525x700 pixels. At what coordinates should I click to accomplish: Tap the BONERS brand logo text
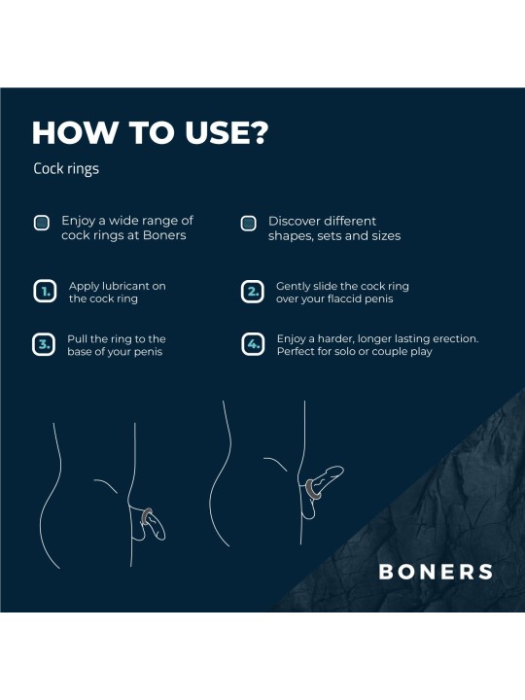pyautogui.click(x=435, y=572)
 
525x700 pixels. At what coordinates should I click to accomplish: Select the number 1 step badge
pyautogui.click(x=44, y=292)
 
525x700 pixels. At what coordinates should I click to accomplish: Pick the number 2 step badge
pyautogui.click(x=251, y=292)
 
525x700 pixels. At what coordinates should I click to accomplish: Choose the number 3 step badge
pyautogui.click(x=44, y=344)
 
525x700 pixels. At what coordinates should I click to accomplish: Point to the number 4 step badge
pyautogui.click(x=251, y=344)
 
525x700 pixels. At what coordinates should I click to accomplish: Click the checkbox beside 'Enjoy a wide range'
pyautogui.click(x=42, y=223)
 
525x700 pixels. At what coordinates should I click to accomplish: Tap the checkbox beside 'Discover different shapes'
pyautogui.click(x=248, y=223)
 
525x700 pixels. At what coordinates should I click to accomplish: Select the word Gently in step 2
pyautogui.click(x=294, y=286)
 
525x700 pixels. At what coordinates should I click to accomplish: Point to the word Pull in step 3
pyautogui.click(x=78, y=338)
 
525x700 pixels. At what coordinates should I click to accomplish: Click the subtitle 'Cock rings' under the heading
pyautogui.click(x=66, y=168)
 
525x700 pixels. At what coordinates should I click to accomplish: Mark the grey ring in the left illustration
pyautogui.click(x=146, y=515)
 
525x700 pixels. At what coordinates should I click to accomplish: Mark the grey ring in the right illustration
pyautogui.click(x=314, y=487)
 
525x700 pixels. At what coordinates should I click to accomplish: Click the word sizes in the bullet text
pyautogui.click(x=385, y=235)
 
